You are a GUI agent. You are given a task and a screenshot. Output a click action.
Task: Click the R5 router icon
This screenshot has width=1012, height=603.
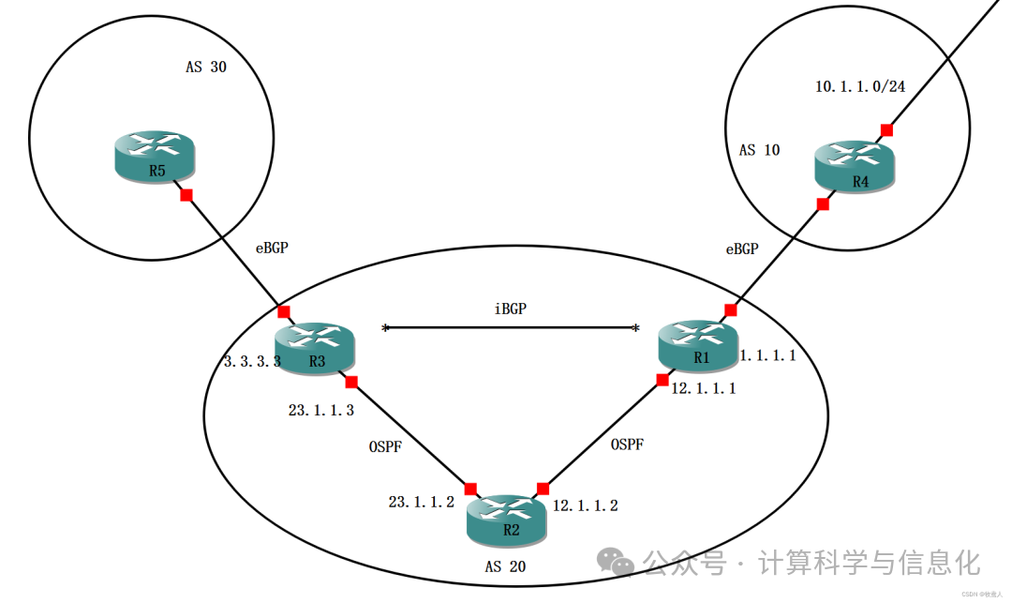pos(155,157)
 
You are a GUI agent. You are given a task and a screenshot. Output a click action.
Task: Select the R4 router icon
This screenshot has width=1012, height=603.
pos(855,166)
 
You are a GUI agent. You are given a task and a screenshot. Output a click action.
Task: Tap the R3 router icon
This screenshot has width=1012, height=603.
pos(315,346)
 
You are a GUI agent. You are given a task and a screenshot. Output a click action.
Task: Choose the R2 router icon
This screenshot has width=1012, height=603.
pos(506,518)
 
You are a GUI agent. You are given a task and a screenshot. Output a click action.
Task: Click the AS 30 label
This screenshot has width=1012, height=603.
pos(206,68)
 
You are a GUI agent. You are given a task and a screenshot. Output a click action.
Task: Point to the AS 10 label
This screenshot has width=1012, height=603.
pos(759,150)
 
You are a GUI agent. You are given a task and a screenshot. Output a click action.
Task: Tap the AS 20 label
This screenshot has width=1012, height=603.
pos(505,566)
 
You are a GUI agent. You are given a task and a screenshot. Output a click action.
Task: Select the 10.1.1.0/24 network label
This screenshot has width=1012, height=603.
pos(860,87)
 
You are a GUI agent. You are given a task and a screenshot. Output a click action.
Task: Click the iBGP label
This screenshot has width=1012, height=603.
pos(510,309)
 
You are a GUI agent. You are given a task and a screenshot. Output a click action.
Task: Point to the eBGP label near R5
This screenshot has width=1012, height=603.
pos(272,249)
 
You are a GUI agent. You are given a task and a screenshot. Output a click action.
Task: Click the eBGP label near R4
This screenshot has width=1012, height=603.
pos(741,249)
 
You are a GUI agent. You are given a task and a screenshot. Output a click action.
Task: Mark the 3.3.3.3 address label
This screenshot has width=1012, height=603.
pos(252,361)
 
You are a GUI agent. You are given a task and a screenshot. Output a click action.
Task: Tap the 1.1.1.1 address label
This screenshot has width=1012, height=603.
pos(767,355)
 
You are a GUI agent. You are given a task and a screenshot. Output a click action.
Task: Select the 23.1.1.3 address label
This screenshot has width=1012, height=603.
pos(320,410)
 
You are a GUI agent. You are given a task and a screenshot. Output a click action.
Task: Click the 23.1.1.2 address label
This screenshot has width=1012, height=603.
pos(422,502)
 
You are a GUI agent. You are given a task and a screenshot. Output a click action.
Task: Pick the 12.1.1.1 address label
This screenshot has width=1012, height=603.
pos(703,388)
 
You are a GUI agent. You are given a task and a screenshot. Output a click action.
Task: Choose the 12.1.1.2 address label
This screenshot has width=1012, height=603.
pos(585,505)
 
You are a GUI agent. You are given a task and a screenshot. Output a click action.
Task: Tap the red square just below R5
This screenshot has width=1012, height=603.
pos(186,195)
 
